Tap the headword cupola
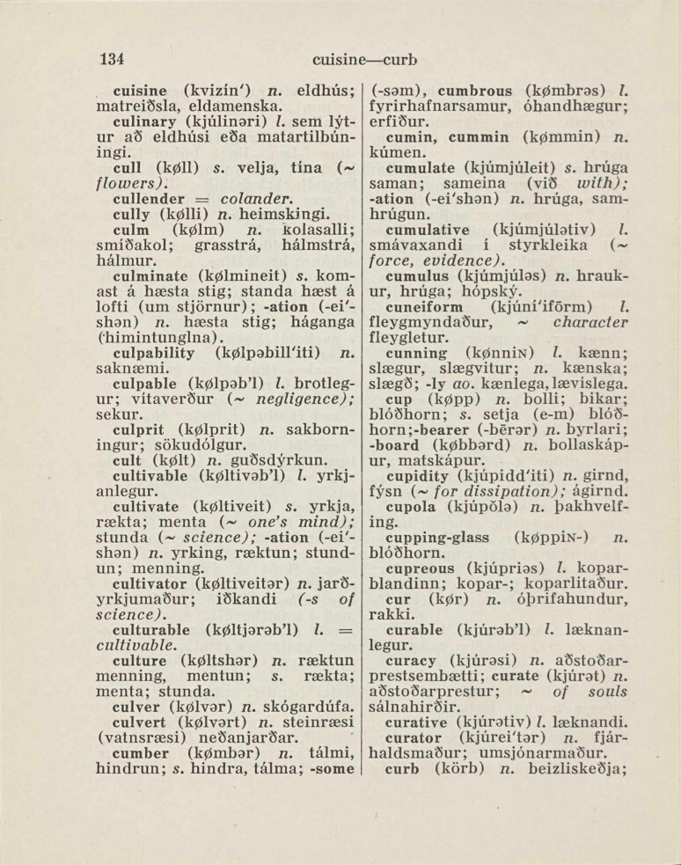tap(414, 508)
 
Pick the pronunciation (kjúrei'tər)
tap(502, 739)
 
